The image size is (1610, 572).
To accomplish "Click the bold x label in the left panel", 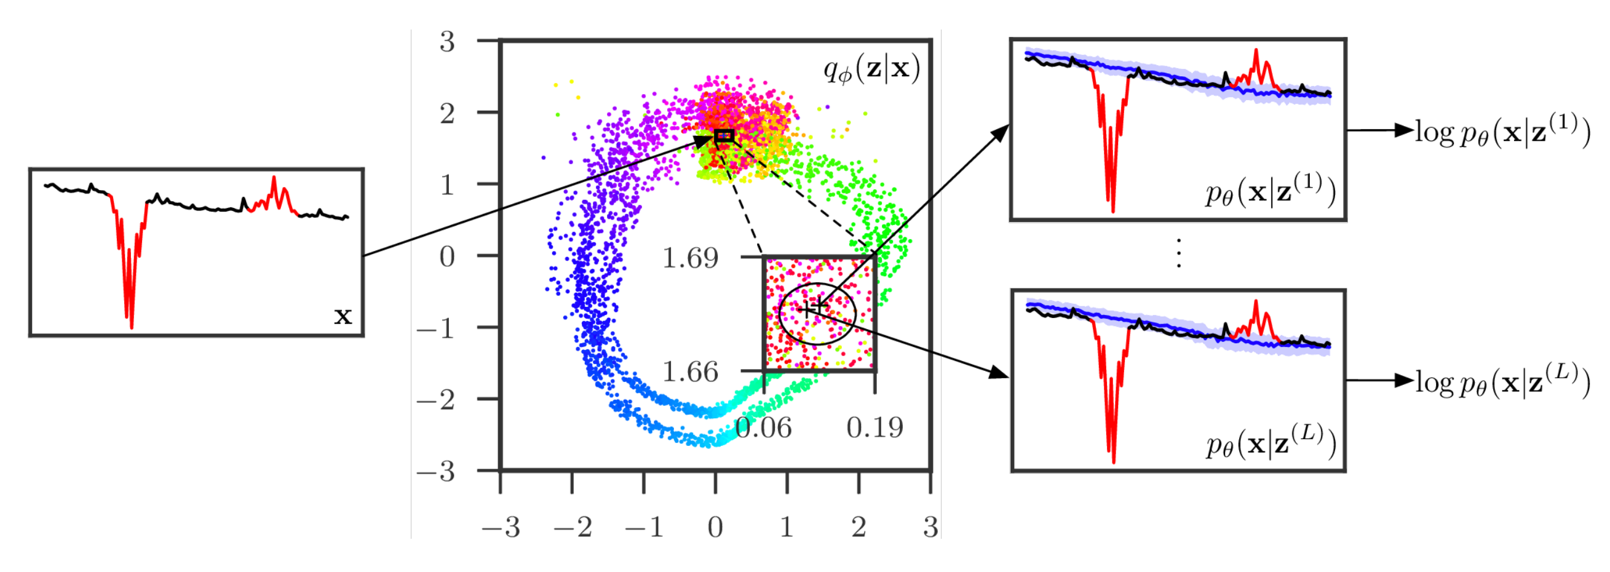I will coord(343,316).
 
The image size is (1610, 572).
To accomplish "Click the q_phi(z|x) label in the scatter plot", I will coord(872,70).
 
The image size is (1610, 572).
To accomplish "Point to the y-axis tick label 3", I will coord(447,42).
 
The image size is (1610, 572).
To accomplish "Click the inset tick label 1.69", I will coord(690,258).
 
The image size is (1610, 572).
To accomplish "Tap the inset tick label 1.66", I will coord(690,373).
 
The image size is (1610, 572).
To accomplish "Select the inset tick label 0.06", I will coord(763,428).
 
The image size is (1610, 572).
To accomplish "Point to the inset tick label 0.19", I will coord(875,428).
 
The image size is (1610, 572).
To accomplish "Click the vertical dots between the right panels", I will coord(1179,254).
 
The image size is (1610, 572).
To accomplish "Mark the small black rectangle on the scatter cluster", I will coord(724,136).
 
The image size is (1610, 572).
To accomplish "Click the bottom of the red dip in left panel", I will coord(130,327).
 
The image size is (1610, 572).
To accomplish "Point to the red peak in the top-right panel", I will coord(1256,51).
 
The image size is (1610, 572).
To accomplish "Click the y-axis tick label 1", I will coord(447,185).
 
